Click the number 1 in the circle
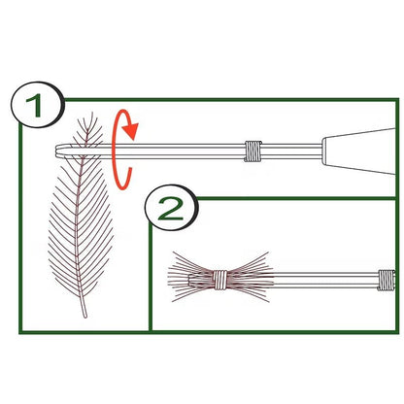(34, 106)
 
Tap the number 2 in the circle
(171, 209)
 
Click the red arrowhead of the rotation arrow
(132, 130)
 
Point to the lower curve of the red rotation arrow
(122, 182)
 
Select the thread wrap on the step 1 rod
(252, 151)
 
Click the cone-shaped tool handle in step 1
(358, 151)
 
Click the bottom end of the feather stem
(85, 316)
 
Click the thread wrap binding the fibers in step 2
(219, 280)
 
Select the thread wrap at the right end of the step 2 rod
(387, 281)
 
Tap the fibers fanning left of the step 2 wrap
(190, 277)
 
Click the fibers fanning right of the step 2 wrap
(250, 277)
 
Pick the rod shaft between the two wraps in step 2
(303, 280)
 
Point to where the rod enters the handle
(322, 151)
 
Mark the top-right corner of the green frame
(397, 100)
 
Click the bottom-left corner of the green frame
(20, 331)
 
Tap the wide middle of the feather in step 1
(81, 226)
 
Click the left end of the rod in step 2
(189, 280)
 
